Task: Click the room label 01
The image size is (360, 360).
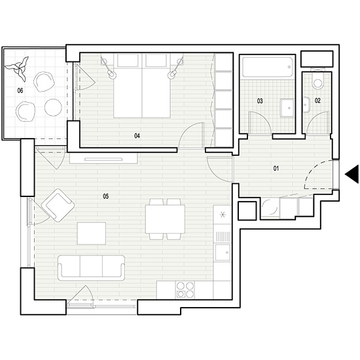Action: point(276,168)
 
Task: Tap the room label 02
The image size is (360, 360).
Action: point(317,101)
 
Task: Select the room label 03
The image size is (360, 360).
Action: point(260,101)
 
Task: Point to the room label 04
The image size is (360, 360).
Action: point(137,136)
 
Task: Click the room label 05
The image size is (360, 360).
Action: point(106,196)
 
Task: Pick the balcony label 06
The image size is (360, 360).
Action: point(20,91)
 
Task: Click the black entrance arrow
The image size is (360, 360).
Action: point(351,174)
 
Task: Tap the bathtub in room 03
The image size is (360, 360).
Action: point(268,67)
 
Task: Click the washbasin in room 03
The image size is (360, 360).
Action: point(287,108)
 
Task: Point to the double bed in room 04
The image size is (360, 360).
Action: point(142,86)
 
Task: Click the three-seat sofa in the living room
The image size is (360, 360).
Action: point(92,268)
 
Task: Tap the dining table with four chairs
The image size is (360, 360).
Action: point(165,219)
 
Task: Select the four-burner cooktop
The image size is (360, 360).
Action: point(185,290)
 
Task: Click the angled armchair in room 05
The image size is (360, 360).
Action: point(58,206)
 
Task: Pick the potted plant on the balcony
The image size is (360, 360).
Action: point(18,69)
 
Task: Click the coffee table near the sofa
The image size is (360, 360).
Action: point(92,233)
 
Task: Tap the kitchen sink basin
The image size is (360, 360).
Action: point(223,252)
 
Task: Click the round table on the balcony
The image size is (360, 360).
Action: point(53,107)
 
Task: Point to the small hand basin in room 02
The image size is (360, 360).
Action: point(307,105)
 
